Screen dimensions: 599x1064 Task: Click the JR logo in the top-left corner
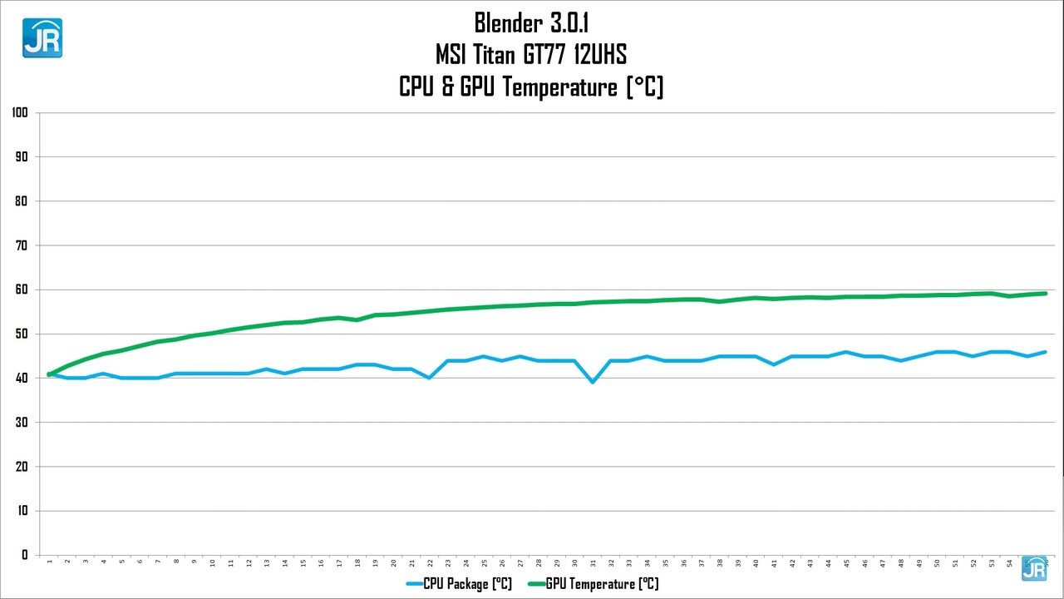click(x=42, y=37)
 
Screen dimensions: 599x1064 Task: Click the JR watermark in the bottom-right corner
click(x=1034, y=567)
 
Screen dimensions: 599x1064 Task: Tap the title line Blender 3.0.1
click(x=531, y=22)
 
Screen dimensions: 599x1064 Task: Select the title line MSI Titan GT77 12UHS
click(x=531, y=55)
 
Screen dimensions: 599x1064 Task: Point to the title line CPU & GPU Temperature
click(x=531, y=87)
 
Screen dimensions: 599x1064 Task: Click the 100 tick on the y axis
click(x=20, y=112)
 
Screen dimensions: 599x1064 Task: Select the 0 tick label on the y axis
click(x=24, y=555)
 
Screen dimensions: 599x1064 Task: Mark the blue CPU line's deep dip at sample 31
click(x=593, y=382)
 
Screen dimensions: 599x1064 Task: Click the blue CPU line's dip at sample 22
click(x=429, y=378)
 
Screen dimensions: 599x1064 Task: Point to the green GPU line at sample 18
click(x=357, y=319)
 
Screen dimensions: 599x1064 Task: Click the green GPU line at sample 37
click(x=702, y=299)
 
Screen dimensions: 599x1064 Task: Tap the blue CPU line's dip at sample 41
click(x=774, y=364)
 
